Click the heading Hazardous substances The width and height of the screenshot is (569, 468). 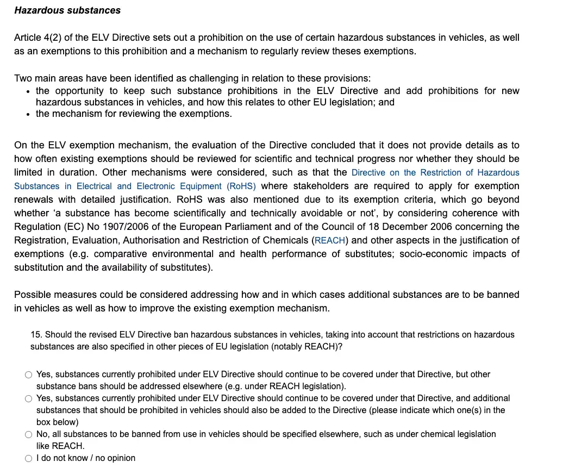click(67, 10)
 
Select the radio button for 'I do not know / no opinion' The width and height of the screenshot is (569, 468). click(28, 458)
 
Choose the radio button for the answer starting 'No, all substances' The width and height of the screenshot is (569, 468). click(28, 434)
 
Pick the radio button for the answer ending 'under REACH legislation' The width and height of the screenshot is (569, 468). click(28, 375)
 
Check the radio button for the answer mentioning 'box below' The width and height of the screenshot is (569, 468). click(28, 398)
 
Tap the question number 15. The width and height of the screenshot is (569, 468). click(36, 334)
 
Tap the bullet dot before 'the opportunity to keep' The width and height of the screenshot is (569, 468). click(28, 91)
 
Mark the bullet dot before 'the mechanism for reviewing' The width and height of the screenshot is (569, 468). click(28, 114)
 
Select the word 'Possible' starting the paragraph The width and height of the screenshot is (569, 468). click(32, 295)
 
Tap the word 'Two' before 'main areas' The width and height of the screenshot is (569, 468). click(23, 78)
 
